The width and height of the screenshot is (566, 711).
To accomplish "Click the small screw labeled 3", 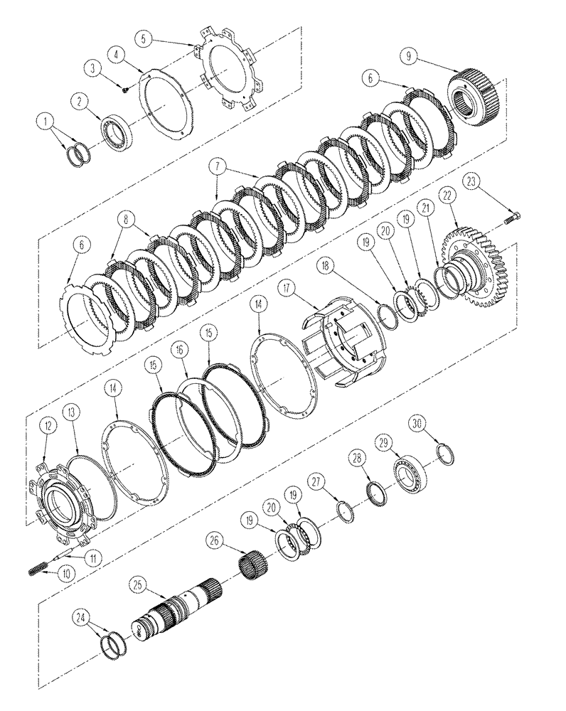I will click(126, 89).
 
